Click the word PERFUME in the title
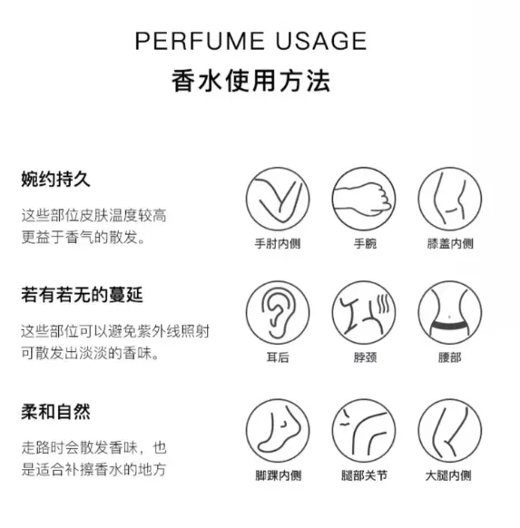coord(200,41)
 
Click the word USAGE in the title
coord(321,41)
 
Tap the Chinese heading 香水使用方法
coord(250,81)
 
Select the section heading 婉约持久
coord(55,179)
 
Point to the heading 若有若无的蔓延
coord(82,295)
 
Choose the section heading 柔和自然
coord(55,411)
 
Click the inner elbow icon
coord(278,199)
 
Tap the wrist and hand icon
coord(364,199)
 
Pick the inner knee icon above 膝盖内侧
coord(450,199)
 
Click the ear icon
coord(278,313)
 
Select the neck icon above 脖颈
coord(364,313)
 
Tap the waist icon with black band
coord(450,313)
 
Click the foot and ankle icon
coord(278,431)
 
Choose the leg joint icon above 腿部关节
coord(364,431)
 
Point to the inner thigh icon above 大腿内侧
coord(450,431)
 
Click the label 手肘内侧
coord(278,243)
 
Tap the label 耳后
coord(278,357)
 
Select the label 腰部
coord(449,357)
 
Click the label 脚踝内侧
coord(279,475)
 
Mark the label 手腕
coord(365,243)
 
